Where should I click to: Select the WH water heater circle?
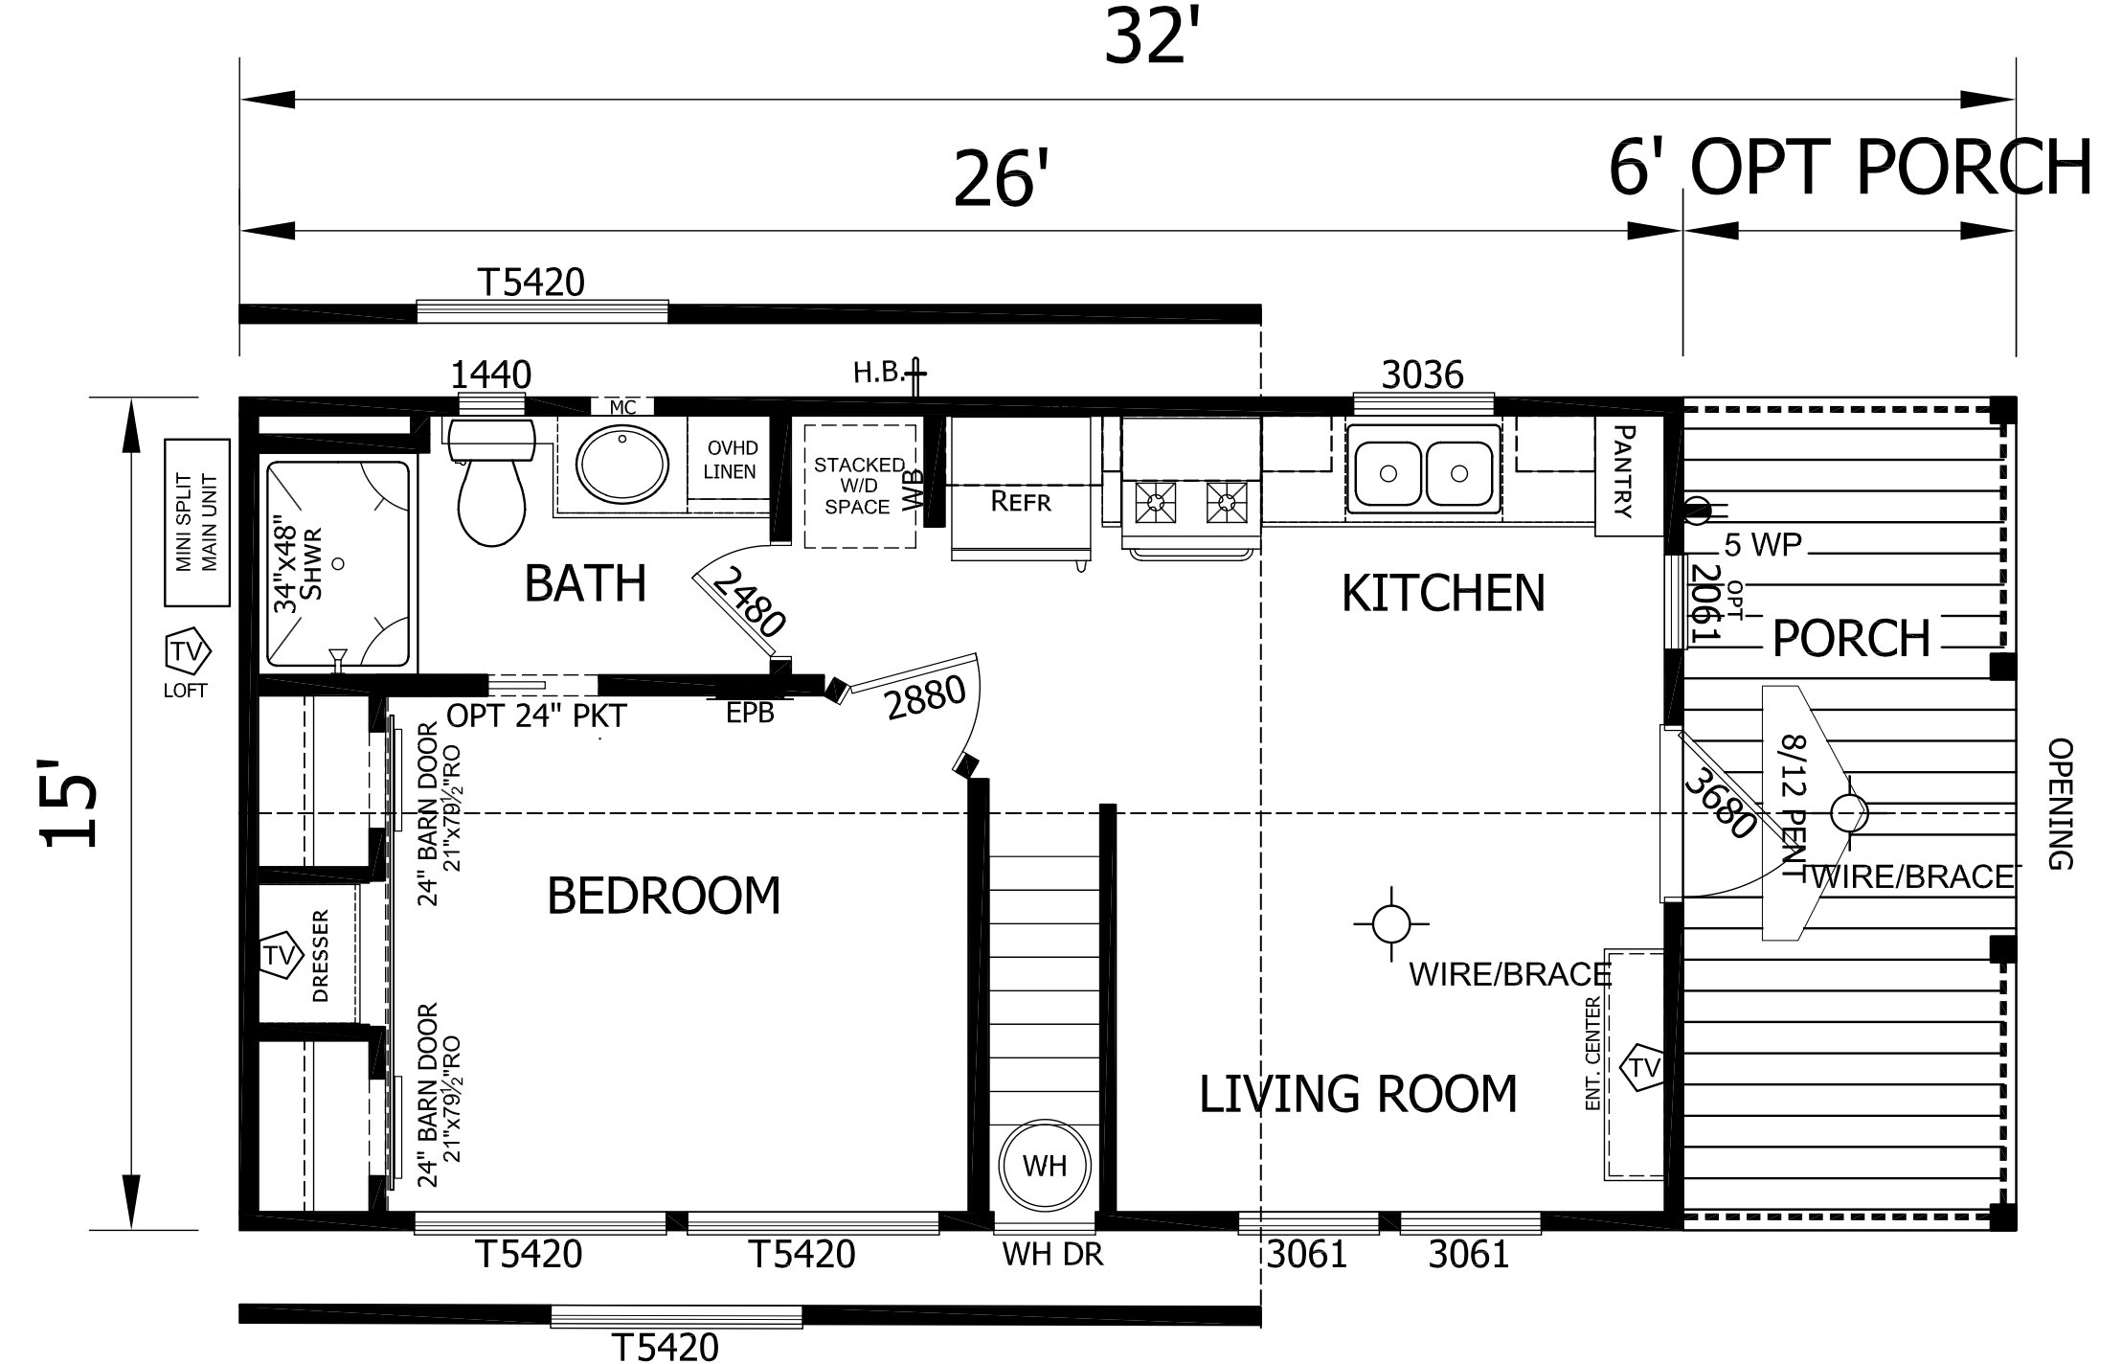click(1044, 1166)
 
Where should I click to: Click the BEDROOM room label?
click(664, 897)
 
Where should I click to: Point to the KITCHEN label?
click(1443, 593)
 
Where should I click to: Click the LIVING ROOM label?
click(1358, 1094)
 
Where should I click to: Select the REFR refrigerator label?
click(1021, 501)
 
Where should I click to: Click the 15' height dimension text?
click(69, 805)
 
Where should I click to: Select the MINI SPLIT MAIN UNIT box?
click(197, 523)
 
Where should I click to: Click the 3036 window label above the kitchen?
click(1422, 375)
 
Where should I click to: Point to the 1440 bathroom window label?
click(490, 375)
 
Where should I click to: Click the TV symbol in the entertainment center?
click(1644, 1067)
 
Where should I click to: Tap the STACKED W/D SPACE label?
click(859, 486)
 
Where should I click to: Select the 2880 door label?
click(925, 698)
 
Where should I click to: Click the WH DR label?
click(1052, 1255)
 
